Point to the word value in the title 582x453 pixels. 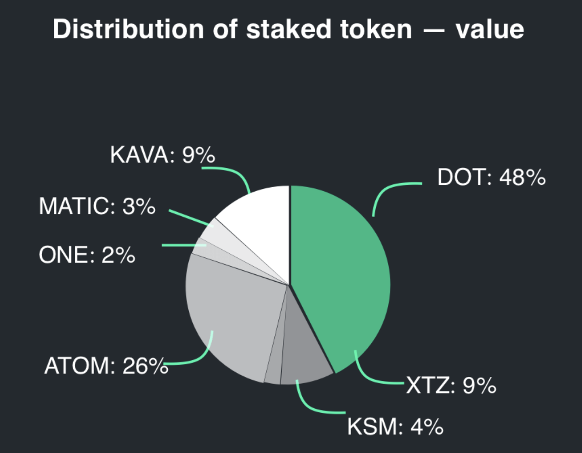(x=489, y=30)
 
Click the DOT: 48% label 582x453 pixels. (x=491, y=178)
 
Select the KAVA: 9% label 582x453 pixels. (x=162, y=155)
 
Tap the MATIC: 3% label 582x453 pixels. (x=97, y=206)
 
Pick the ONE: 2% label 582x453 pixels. (x=87, y=255)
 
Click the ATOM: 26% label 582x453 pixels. (x=106, y=366)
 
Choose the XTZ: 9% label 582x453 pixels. (x=451, y=385)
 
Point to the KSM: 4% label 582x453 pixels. (x=395, y=427)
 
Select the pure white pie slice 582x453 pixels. (x=260, y=219)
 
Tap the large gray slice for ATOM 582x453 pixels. (x=233, y=313)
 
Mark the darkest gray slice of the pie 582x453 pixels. (x=305, y=354)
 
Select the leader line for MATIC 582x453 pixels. (x=188, y=217)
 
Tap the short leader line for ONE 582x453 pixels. (x=179, y=245)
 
